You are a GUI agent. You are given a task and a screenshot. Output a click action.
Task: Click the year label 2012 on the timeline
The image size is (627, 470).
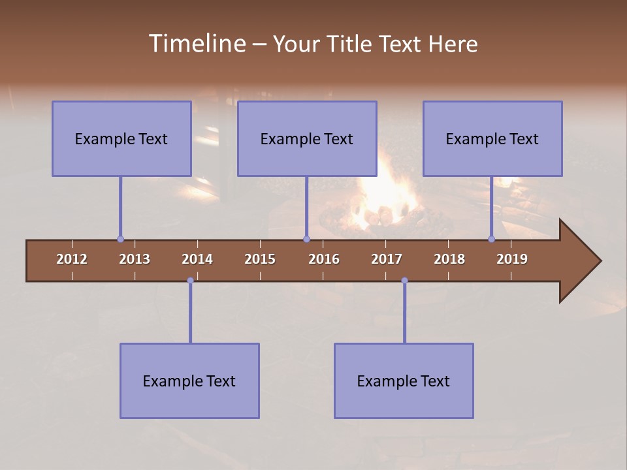click(x=72, y=259)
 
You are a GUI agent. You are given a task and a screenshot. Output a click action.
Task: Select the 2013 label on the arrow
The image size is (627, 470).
click(x=135, y=259)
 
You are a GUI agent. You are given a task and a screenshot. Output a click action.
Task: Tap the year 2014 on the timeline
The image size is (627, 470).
click(x=197, y=259)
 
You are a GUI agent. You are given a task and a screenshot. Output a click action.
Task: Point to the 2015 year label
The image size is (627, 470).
click(x=260, y=259)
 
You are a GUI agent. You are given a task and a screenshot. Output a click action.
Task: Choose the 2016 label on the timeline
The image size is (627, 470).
click(x=324, y=259)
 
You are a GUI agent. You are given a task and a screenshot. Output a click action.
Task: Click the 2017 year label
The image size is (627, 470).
click(x=387, y=259)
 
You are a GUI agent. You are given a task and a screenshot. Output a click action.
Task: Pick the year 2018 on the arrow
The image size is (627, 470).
click(x=449, y=259)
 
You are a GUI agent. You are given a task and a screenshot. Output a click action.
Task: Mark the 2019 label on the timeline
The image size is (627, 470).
click(x=512, y=259)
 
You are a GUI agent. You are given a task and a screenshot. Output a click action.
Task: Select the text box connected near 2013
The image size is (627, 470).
click(x=121, y=138)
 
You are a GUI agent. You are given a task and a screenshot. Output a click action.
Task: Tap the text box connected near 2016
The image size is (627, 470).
click(x=307, y=138)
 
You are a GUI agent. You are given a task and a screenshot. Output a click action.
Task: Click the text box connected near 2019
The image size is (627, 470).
click(x=492, y=138)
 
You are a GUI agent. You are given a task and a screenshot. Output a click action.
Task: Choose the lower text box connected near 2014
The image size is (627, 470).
click(x=189, y=381)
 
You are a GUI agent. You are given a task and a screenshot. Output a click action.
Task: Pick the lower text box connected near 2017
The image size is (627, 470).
click(x=404, y=381)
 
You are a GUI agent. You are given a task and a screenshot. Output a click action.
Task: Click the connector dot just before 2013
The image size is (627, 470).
click(x=120, y=240)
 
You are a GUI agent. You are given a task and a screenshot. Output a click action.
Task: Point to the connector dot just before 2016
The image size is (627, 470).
click(x=306, y=240)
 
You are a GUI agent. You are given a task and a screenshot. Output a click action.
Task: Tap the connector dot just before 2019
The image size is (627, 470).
click(x=492, y=240)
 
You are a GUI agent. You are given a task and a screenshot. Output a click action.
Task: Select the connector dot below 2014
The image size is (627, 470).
click(x=190, y=281)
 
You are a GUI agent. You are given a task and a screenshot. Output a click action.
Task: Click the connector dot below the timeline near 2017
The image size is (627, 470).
click(x=404, y=281)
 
